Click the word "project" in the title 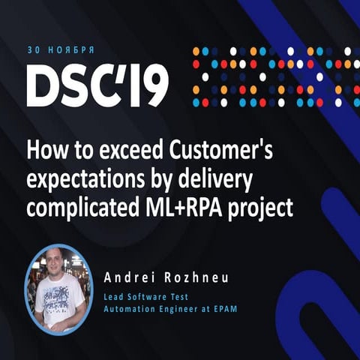pos(262,211)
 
